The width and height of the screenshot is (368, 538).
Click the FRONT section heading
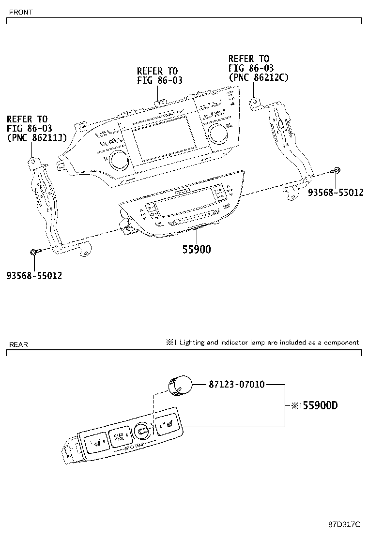pos(20,13)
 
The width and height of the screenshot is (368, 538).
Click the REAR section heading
pos(18,344)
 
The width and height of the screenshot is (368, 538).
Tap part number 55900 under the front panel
pos(197,250)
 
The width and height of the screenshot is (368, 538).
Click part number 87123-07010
pos(237,385)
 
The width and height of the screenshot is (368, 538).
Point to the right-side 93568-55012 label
pos(336,193)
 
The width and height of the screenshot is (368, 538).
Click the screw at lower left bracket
pos(33,252)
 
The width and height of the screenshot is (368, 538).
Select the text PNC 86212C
pos(259,77)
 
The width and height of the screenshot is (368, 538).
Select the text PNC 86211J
pos(37,137)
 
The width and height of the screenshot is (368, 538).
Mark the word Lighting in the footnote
pos(192,343)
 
